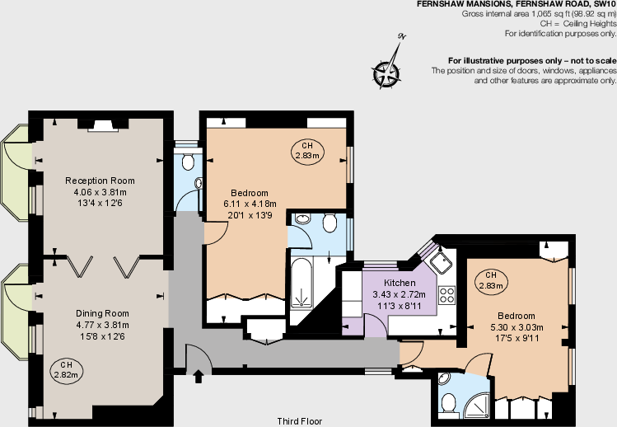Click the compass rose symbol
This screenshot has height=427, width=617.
[x=387, y=72]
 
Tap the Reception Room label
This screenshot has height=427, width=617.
[x=100, y=181]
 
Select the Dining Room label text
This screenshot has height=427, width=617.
[x=102, y=313]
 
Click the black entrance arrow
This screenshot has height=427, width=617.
[x=198, y=378]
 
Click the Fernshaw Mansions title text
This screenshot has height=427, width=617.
[x=516, y=5]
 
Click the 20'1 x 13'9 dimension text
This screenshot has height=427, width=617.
[x=250, y=215]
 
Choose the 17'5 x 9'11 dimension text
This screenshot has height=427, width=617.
[x=516, y=339]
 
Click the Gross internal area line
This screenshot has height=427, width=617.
[x=539, y=15]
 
